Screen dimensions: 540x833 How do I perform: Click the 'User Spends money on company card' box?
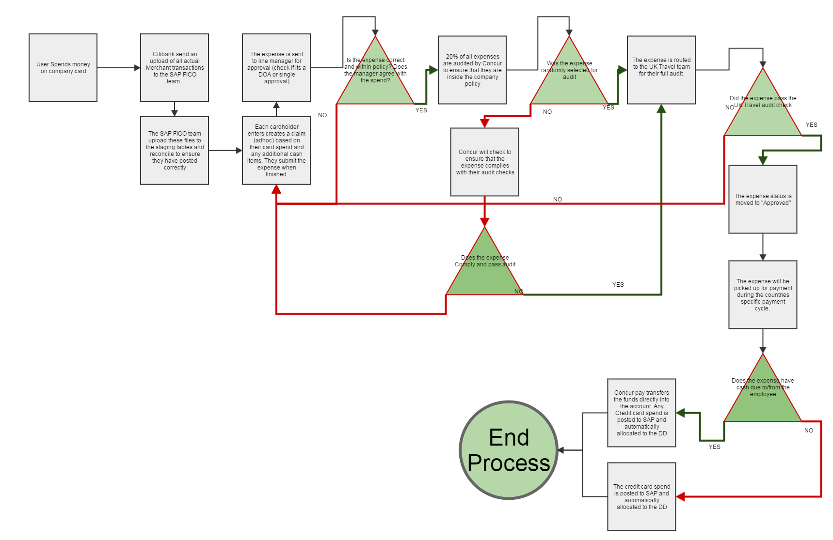(63, 68)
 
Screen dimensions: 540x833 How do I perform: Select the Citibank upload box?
(175, 68)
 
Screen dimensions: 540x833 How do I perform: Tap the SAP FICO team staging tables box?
(175, 150)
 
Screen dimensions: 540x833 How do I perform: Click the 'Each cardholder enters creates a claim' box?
(276, 150)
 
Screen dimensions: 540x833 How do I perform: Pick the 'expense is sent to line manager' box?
(276, 68)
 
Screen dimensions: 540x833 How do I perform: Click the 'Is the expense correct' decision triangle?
(375, 80)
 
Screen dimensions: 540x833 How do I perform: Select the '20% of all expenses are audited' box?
(472, 70)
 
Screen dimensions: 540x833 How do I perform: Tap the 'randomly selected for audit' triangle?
(569, 80)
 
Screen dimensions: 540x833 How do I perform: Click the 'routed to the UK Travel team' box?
(661, 70)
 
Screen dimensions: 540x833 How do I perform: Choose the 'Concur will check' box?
(484, 162)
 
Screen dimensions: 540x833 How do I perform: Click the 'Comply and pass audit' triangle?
(484, 271)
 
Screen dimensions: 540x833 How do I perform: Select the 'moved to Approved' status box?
(763, 199)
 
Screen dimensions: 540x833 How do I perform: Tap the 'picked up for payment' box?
(763, 294)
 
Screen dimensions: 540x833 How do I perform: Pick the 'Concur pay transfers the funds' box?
(641, 413)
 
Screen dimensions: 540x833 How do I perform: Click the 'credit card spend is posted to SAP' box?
(641, 496)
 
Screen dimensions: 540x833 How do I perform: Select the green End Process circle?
(509, 450)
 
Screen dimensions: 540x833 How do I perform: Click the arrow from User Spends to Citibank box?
(119, 68)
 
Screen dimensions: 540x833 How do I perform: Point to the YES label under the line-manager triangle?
(421, 110)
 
